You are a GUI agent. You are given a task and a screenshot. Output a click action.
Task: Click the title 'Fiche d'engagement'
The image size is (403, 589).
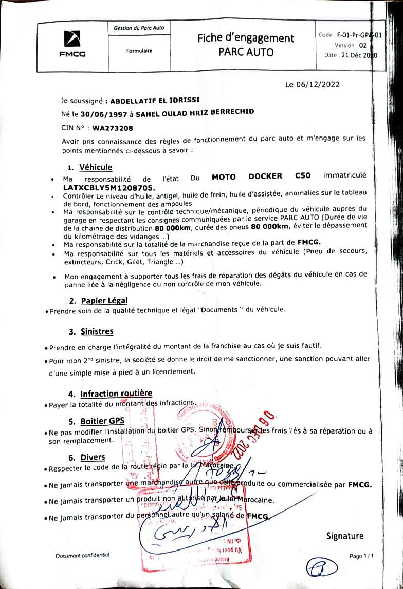tap(246, 38)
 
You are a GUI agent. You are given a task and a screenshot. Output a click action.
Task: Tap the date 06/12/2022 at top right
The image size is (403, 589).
tap(313, 85)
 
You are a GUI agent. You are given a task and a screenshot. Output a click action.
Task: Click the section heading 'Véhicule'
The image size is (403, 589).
tap(96, 167)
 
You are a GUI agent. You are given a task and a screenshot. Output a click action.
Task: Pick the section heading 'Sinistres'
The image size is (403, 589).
tap(97, 331)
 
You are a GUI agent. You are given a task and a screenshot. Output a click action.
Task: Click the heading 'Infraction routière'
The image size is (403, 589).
tap(116, 394)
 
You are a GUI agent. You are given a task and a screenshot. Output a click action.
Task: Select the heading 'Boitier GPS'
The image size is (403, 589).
tap(102, 421)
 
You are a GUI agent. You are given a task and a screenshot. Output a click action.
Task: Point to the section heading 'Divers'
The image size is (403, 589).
tap(93, 457)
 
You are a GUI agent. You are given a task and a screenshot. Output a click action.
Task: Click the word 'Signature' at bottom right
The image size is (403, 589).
tap(344, 536)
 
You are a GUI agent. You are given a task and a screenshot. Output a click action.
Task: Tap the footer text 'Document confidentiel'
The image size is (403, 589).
tap(83, 555)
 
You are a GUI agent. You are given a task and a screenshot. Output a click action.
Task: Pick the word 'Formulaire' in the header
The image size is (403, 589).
tap(139, 51)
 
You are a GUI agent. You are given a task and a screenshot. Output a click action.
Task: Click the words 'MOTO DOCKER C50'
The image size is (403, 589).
tap(261, 176)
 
